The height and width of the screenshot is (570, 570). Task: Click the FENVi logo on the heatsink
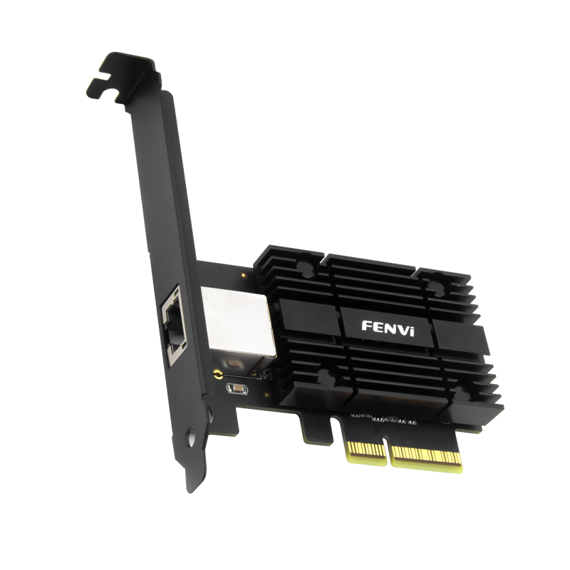coord(388,328)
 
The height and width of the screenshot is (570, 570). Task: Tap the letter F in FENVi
coord(366,326)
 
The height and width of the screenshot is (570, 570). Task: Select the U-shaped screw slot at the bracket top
coord(105,88)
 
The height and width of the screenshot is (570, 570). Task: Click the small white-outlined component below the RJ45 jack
coord(237,389)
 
